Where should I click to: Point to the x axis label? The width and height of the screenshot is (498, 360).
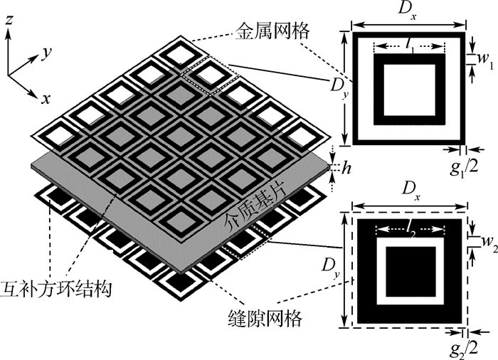tap(45, 99)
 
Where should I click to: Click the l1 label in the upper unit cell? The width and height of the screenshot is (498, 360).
tap(410, 45)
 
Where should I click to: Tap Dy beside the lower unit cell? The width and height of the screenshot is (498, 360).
tap(334, 268)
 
